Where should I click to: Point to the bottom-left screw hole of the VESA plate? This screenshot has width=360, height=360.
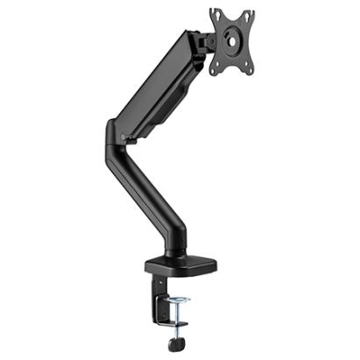click(215, 65)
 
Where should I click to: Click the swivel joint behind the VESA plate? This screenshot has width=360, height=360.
click(207, 40)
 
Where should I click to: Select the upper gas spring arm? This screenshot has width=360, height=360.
click(158, 83)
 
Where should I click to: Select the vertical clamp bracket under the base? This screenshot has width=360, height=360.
click(161, 298)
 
